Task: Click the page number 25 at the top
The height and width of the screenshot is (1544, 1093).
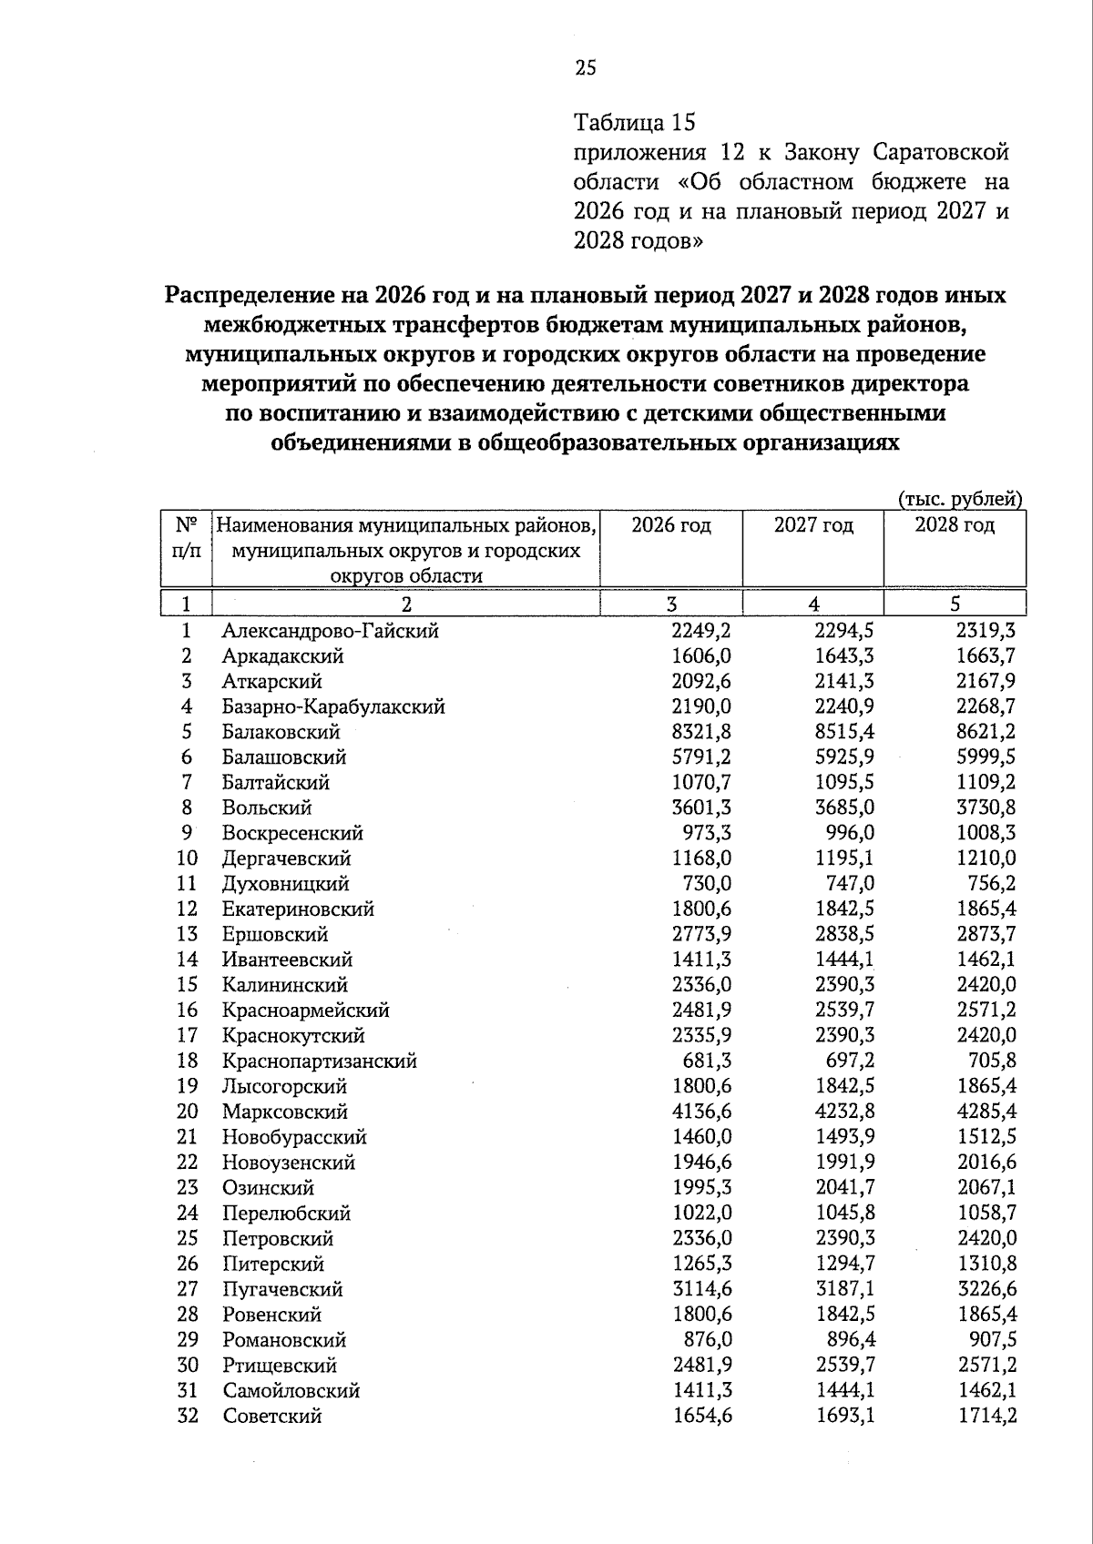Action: click(585, 66)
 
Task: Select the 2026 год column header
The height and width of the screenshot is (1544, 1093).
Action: click(671, 525)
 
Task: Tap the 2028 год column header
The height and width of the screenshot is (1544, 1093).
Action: click(955, 525)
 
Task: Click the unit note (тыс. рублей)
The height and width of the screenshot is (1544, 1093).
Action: click(960, 499)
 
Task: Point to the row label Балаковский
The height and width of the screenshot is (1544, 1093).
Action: click(281, 732)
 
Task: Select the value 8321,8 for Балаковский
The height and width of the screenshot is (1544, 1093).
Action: click(700, 732)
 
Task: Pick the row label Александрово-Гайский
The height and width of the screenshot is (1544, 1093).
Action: click(330, 630)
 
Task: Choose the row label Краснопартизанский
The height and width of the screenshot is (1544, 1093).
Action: click(319, 1061)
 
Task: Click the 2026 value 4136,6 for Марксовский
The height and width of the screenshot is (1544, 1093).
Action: click(700, 1112)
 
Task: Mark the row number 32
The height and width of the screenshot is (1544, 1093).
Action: click(187, 1416)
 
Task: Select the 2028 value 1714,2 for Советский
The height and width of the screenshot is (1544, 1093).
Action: click(986, 1416)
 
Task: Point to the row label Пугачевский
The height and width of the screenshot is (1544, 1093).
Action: click(282, 1289)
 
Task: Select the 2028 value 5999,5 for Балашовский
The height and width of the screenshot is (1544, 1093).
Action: click(986, 757)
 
